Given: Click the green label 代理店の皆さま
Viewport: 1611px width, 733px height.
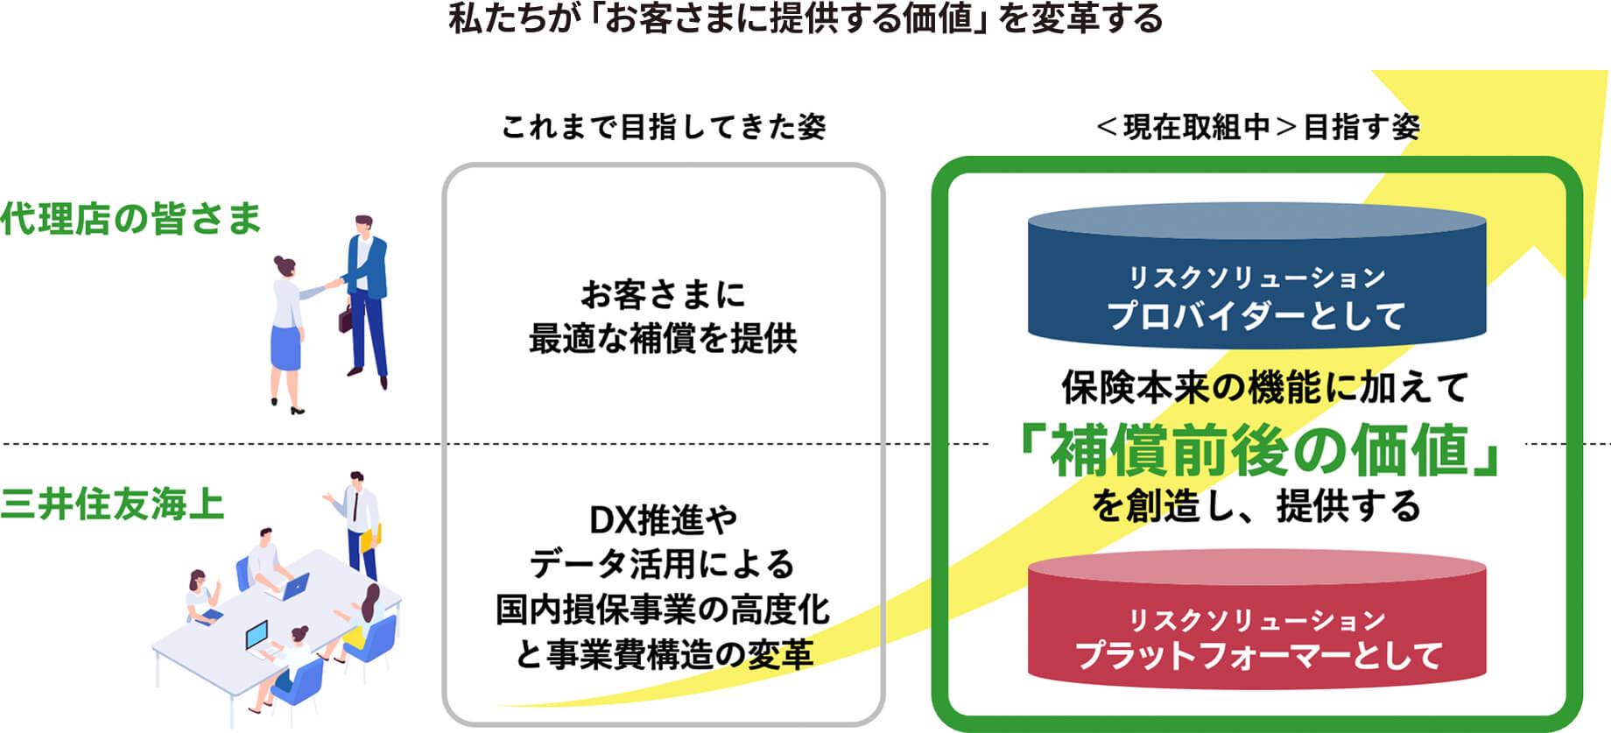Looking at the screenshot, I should pos(130,219).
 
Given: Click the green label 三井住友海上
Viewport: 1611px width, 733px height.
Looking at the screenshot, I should pos(113,504).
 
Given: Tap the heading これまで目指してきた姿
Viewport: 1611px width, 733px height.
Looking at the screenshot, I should pos(663,128).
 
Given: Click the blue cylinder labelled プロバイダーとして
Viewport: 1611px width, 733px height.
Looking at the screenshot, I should pos(1256,280).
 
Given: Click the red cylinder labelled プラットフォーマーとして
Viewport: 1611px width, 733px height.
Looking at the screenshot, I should pos(1256,622).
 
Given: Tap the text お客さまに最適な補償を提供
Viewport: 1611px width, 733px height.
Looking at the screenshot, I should pos(663,317).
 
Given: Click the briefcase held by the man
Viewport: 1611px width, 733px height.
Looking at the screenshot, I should pos(345,317).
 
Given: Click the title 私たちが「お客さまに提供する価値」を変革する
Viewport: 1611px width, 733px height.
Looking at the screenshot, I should pos(805,19).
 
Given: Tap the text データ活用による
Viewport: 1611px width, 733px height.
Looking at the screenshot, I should pos(663,565).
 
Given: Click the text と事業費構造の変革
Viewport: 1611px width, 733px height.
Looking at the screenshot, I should pos(663,654).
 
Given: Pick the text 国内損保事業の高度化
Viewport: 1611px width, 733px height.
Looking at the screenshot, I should pos(663,610).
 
